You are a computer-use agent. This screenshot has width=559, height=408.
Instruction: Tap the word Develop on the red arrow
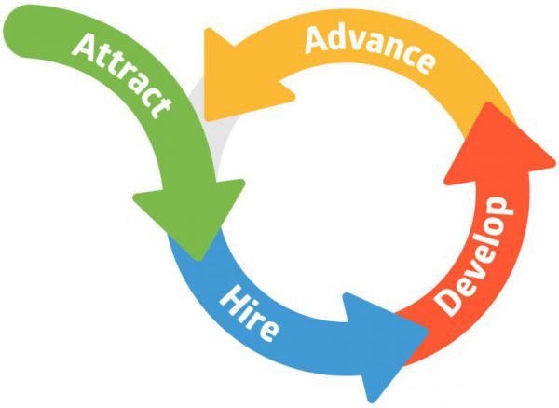click(474, 255)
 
